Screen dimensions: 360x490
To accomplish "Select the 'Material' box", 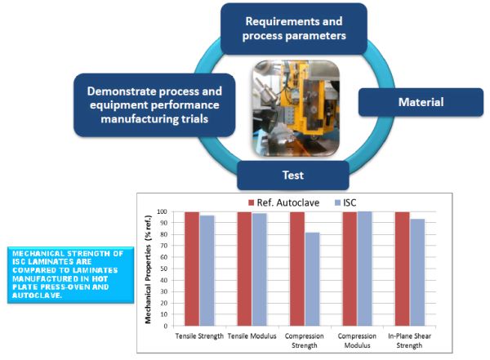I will pyautogui.click(x=420, y=103).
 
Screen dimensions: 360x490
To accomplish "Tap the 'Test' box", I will pyautogui.click(x=292, y=175).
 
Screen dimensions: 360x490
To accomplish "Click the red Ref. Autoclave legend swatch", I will pyautogui.click(x=252, y=202).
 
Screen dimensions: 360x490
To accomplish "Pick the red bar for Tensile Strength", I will pyautogui.click(x=192, y=269).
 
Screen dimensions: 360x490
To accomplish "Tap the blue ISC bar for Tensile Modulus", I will pyautogui.click(x=260, y=269).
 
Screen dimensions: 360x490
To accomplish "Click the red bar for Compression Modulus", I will pyautogui.click(x=350, y=269).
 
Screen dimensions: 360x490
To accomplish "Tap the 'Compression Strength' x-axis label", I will pyautogui.click(x=305, y=340).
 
